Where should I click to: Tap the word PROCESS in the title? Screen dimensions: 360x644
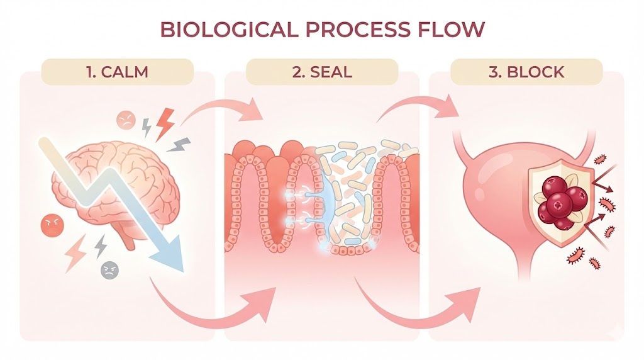click(x=350, y=30)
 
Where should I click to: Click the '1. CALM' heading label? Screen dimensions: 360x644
click(x=118, y=71)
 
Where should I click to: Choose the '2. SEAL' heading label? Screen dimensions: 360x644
click(x=322, y=71)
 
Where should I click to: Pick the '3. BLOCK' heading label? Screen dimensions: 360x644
click(x=526, y=71)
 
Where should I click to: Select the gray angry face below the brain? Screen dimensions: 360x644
click(x=109, y=270)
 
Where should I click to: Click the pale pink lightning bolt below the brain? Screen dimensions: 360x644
click(x=76, y=252)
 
